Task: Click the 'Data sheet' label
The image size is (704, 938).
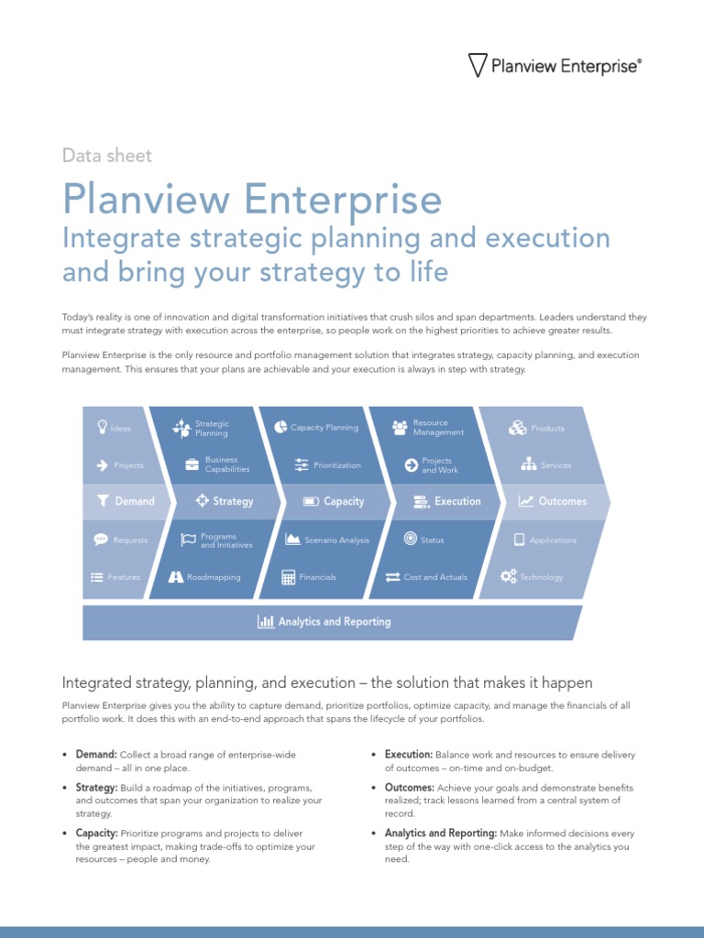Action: point(107,156)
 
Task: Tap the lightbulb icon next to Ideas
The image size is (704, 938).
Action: point(101,427)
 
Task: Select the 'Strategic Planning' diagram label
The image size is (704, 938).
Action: point(212,428)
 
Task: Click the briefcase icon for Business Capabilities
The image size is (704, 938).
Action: point(192,464)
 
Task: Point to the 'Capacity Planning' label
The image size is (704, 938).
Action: point(324,428)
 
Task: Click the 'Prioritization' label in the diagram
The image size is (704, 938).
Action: point(336,465)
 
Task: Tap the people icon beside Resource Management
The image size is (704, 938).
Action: point(400,428)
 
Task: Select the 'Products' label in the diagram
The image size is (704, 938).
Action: point(547,428)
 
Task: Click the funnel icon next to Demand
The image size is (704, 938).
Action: point(103,501)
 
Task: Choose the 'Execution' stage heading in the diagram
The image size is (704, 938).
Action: point(457,501)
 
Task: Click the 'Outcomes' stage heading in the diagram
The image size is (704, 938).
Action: point(562,501)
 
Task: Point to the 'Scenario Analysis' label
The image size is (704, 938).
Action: point(336,540)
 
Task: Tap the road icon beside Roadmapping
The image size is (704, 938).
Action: point(177,577)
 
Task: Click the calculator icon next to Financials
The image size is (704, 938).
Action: point(289,577)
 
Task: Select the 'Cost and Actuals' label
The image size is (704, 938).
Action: point(435,577)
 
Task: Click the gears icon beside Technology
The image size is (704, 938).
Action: point(508,576)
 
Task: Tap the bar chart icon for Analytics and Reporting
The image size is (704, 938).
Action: point(266,622)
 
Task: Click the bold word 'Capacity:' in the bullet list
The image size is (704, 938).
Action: point(96,834)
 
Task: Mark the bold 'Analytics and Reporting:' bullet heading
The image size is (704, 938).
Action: point(441,834)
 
